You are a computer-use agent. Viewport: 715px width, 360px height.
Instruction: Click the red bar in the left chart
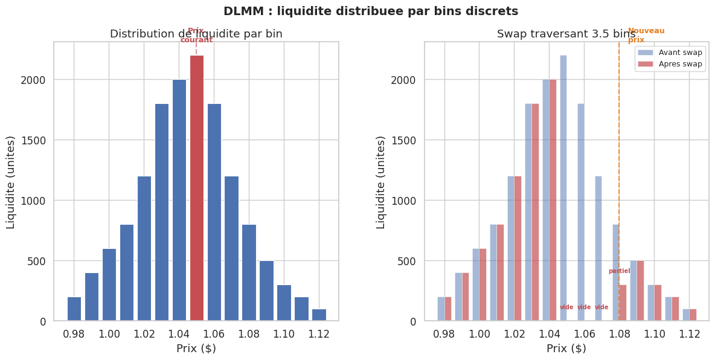pos(197,188)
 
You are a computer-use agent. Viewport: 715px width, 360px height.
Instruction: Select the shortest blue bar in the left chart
pos(319,315)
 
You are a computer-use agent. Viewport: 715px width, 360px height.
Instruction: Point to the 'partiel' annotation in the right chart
pos(619,271)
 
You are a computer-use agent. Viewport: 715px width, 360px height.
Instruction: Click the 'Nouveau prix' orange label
pos(646,35)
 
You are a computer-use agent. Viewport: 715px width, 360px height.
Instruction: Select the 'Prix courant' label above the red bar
pos(196,36)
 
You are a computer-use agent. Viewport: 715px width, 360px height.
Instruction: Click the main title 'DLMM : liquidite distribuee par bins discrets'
pos(371,11)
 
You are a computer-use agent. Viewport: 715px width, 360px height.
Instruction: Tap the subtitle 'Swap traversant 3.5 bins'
pos(566,34)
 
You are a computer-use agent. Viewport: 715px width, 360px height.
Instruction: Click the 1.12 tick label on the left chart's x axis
pos(319,334)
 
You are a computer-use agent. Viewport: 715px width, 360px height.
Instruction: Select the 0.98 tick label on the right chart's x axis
pos(444,334)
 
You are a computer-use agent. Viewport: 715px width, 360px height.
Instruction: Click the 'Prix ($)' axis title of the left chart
pos(196,349)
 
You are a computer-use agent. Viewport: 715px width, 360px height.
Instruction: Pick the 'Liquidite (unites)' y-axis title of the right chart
pos(380,182)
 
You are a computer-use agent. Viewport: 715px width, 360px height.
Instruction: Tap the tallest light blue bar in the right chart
pos(563,188)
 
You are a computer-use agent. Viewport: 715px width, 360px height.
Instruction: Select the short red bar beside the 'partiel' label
pos(623,303)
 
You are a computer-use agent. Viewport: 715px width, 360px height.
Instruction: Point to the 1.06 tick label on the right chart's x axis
pos(584,334)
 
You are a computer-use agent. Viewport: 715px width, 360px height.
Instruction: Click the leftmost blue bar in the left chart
pos(74,309)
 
